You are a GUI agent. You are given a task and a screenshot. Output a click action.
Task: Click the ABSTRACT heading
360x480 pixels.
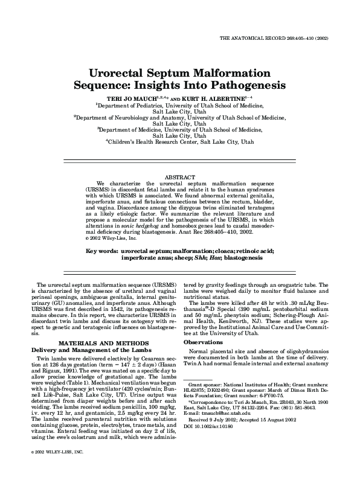pos(179,176)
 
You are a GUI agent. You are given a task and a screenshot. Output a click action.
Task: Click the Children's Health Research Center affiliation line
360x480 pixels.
pos(179,143)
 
